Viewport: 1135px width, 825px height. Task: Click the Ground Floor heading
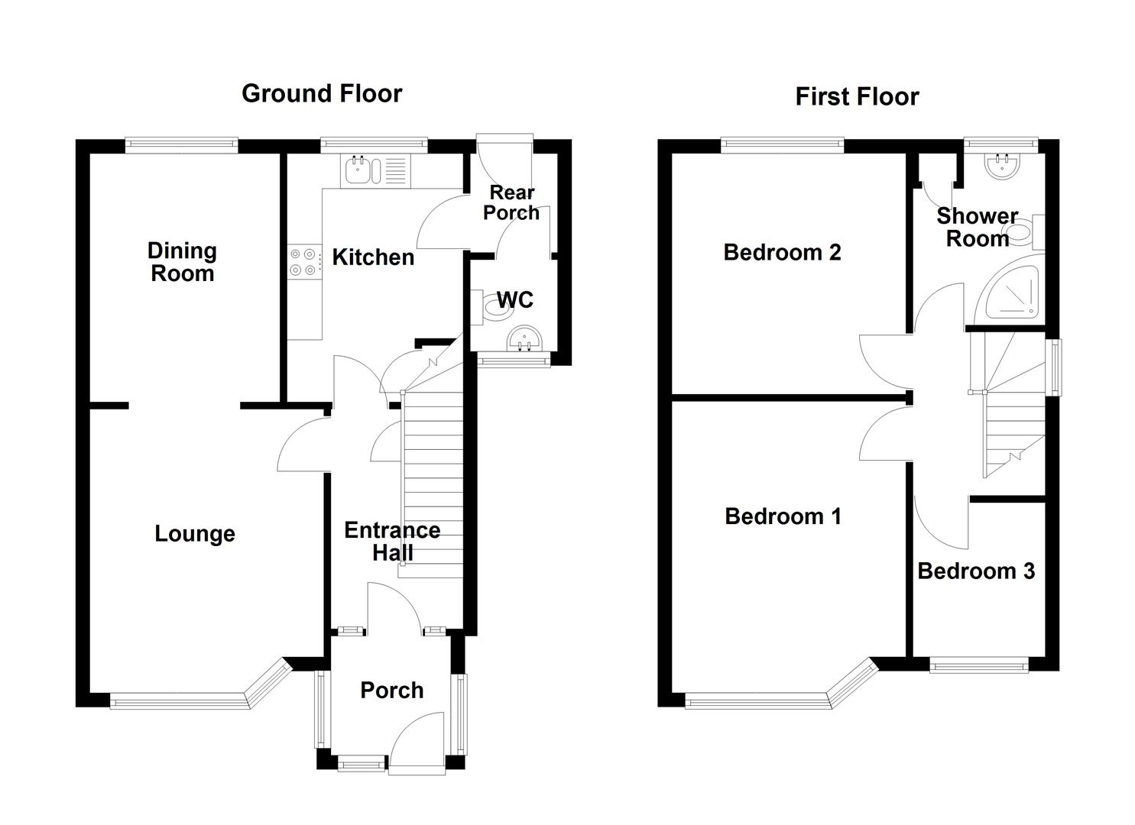pos(322,93)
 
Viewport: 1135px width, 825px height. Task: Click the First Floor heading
pos(857,96)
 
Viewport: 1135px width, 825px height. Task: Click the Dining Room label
pos(182,262)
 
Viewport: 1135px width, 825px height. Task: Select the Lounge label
pos(194,534)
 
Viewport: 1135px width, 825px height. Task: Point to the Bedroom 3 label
pos(976,571)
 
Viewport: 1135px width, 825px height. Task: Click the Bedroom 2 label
pos(782,252)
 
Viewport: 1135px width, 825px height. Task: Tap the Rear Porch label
pos(511,203)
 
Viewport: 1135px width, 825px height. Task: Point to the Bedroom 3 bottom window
pos(979,667)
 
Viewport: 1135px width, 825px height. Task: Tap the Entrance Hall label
pos(392,542)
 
